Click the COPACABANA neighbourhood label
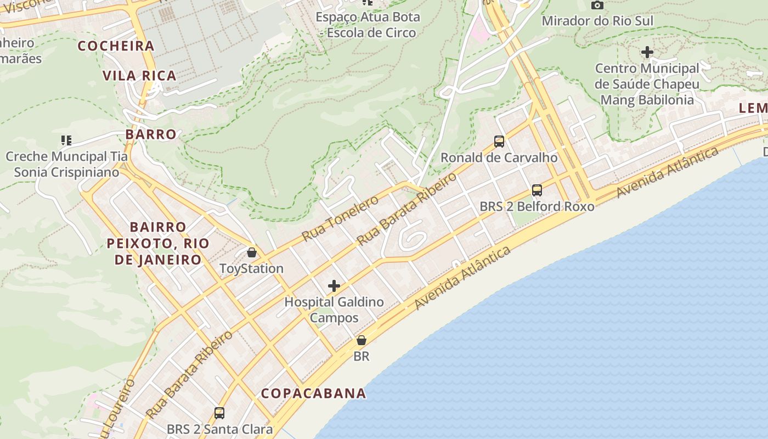(x=313, y=393)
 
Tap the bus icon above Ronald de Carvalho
(x=499, y=142)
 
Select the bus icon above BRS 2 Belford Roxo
(x=537, y=190)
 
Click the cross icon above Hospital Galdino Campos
(x=334, y=286)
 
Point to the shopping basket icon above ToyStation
(x=252, y=252)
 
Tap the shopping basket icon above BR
(x=361, y=340)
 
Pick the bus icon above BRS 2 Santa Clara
(x=219, y=413)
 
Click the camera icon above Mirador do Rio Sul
(x=597, y=5)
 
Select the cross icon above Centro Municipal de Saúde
(x=647, y=53)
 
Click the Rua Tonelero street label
(x=340, y=218)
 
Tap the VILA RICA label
(x=140, y=76)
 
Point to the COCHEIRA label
(x=116, y=46)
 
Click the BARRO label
(x=151, y=134)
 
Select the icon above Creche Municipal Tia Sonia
(x=66, y=140)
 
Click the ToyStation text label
(x=251, y=269)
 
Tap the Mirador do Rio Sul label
(x=597, y=21)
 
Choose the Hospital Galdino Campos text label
(x=334, y=309)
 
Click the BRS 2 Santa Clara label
(x=219, y=429)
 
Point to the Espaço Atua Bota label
(x=368, y=25)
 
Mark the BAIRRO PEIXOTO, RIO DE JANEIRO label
(x=157, y=243)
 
